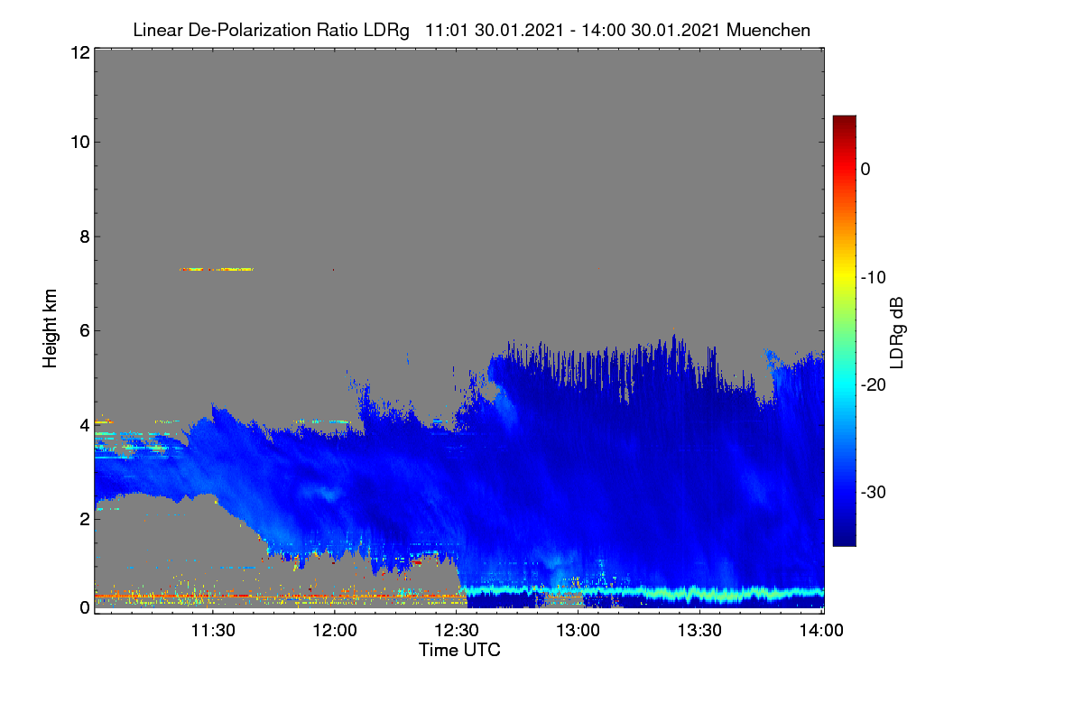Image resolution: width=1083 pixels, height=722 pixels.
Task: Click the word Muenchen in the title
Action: click(x=768, y=30)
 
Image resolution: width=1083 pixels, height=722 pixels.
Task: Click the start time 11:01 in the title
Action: click(x=447, y=30)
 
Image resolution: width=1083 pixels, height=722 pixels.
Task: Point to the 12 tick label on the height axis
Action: click(x=80, y=52)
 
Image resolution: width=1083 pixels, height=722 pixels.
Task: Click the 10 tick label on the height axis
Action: click(x=80, y=143)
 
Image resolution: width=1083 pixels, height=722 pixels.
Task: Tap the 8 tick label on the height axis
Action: click(x=85, y=236)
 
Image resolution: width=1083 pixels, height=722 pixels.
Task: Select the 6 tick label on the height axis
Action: click(x=85, y=331)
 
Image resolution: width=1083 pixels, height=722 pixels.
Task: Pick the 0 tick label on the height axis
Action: click(x=85, y=607)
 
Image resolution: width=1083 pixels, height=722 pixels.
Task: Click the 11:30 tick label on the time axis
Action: click(x=213, y=630)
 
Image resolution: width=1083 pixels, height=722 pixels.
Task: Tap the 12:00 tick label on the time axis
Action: click(x=335, y=630)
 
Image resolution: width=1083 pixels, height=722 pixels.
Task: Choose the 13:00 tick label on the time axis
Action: click(x=578, y=630)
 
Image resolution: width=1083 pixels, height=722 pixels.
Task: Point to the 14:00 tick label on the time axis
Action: click(x=821, y=630)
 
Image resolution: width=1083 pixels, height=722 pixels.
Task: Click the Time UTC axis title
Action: click(x=459, y=650)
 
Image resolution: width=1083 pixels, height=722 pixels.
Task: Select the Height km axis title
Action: click(x=50, y=329)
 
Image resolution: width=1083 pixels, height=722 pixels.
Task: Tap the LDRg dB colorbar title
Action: click(x=897, y=333)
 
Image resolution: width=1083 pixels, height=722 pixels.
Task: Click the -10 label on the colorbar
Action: click(x=874, y=278)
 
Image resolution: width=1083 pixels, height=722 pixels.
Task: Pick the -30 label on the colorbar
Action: click(x=874, y=492)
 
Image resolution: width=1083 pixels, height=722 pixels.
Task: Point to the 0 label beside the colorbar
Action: click(x=865, y=170)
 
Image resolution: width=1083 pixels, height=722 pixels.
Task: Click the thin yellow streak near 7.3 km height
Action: click(x=216, y=269)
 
